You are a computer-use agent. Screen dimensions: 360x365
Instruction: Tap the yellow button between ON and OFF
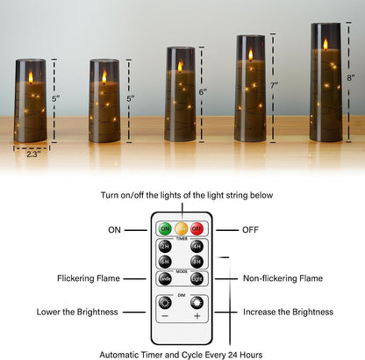pyautogui.click(x=182, y=229)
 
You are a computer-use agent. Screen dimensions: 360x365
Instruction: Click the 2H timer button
pyautogui.click(x=165, y=247)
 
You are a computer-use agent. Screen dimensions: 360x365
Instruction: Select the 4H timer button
pyautogui.click(x=197, y=247)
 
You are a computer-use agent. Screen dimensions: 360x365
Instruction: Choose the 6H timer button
pyautogui.click(x=165, y=261)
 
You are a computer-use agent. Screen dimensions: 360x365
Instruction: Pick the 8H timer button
pyautogui.click(x=197, y=261)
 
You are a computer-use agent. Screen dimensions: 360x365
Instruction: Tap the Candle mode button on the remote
pyautogui.click(x=165, y=278)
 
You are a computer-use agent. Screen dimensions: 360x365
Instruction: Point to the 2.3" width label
pyautogui.click(x=32, y=154)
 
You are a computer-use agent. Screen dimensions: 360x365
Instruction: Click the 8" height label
pyautogui.click(x=351, y=77)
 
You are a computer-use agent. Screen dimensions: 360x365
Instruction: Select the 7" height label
pyautogui.click(x=275, y=85)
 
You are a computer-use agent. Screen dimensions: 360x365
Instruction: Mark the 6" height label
pyautogui.click(x=203, y=91)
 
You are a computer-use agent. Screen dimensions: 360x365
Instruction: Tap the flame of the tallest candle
pyautogui.click(x=326, y=44)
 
